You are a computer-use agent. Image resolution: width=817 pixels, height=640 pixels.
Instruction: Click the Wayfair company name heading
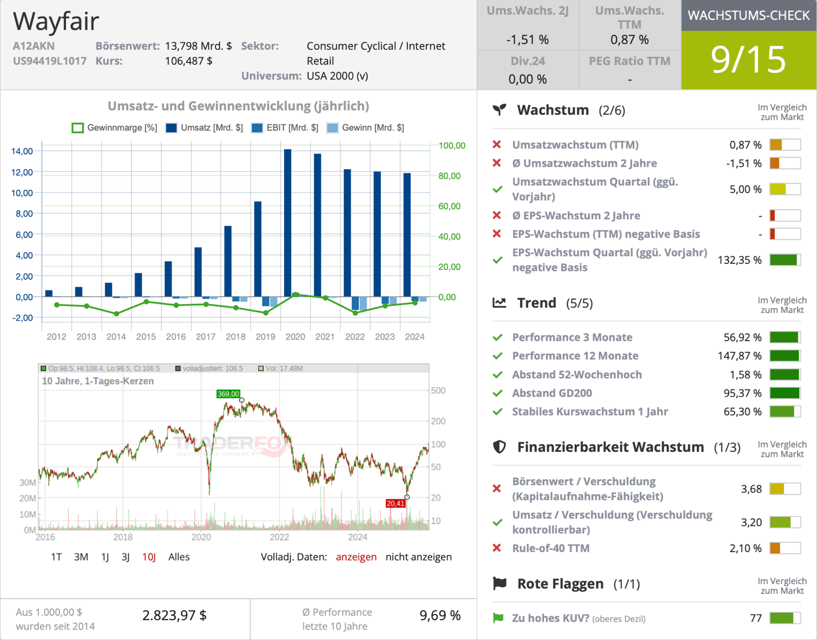(x=56, y=21)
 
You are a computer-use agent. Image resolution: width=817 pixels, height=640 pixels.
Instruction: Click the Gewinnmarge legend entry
(x=115, y=128)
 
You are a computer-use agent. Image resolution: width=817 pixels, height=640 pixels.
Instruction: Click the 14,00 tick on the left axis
(x=22, y=151)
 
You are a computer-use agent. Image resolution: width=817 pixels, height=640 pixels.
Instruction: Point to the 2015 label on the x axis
(x=146, y=337)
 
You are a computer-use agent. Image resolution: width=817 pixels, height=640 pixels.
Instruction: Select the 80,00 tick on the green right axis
(x=449, y=176)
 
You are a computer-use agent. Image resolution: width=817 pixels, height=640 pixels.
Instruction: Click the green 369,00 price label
(x=228, y=394)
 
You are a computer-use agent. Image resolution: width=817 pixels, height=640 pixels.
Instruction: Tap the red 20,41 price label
(x=396, y=503)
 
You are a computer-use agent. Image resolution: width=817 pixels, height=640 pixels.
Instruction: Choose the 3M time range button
(x=81, y=557)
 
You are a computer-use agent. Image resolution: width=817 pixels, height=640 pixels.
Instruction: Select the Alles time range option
(x=179, y=557)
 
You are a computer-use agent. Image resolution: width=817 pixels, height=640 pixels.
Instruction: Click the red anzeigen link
(x=356, y=557)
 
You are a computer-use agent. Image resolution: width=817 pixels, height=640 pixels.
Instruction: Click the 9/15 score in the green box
(x=748, y=60)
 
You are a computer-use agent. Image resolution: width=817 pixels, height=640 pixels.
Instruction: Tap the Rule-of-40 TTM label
(x=551, y=548)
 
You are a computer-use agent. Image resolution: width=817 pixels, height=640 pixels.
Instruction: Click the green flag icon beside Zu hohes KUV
(x=498, y=618)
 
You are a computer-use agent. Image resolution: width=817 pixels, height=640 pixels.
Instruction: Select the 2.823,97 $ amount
(x=174, y=615)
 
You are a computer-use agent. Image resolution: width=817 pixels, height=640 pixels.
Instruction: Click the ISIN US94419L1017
(x=50, y=61)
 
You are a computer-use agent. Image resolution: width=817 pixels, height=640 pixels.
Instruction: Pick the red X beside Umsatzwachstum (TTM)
(x=497, y=144)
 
